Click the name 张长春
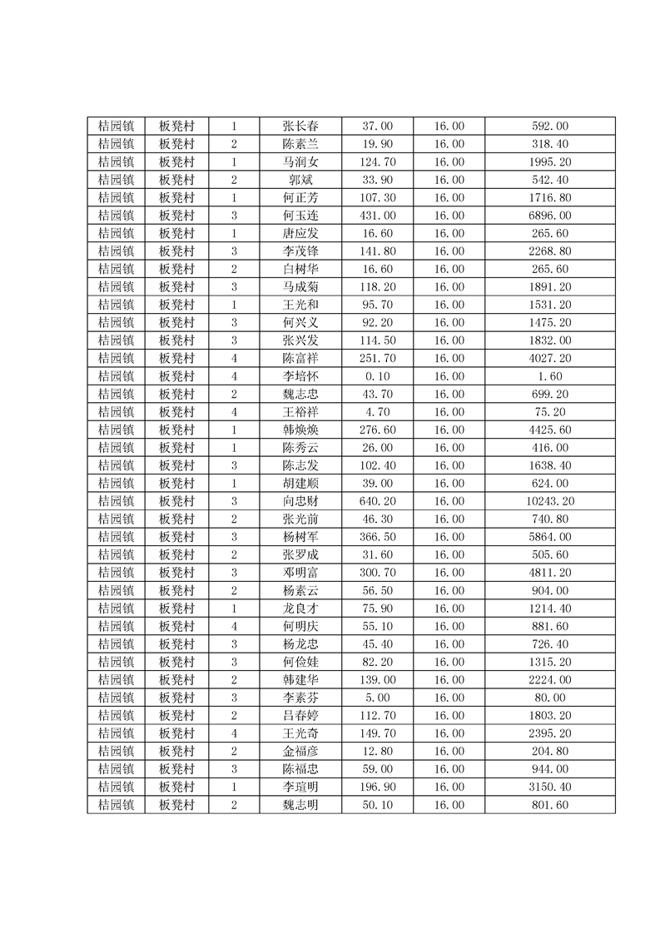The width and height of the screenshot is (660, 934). pos(300,127)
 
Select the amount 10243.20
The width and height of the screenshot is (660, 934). pos(549,501)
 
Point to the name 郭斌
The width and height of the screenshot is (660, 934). pos(300,180)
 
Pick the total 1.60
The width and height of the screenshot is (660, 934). pos(549,376)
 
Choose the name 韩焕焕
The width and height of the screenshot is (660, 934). pos(300,430)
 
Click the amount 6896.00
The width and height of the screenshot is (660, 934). pos(549,216)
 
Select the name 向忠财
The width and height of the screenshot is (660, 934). pos(300,501)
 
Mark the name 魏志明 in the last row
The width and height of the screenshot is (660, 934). pos(300,805)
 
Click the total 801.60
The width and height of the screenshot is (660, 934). pos(549,805)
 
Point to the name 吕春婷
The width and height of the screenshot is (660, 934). pos(300,715)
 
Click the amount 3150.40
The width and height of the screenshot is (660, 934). pos(549,787)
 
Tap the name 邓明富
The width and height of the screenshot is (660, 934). pos(300,573)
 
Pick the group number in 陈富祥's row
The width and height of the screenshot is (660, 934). pos(234,359)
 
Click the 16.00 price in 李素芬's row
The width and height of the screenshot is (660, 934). pos(449,698)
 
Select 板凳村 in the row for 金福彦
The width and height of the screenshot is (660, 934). pos(176,751)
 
